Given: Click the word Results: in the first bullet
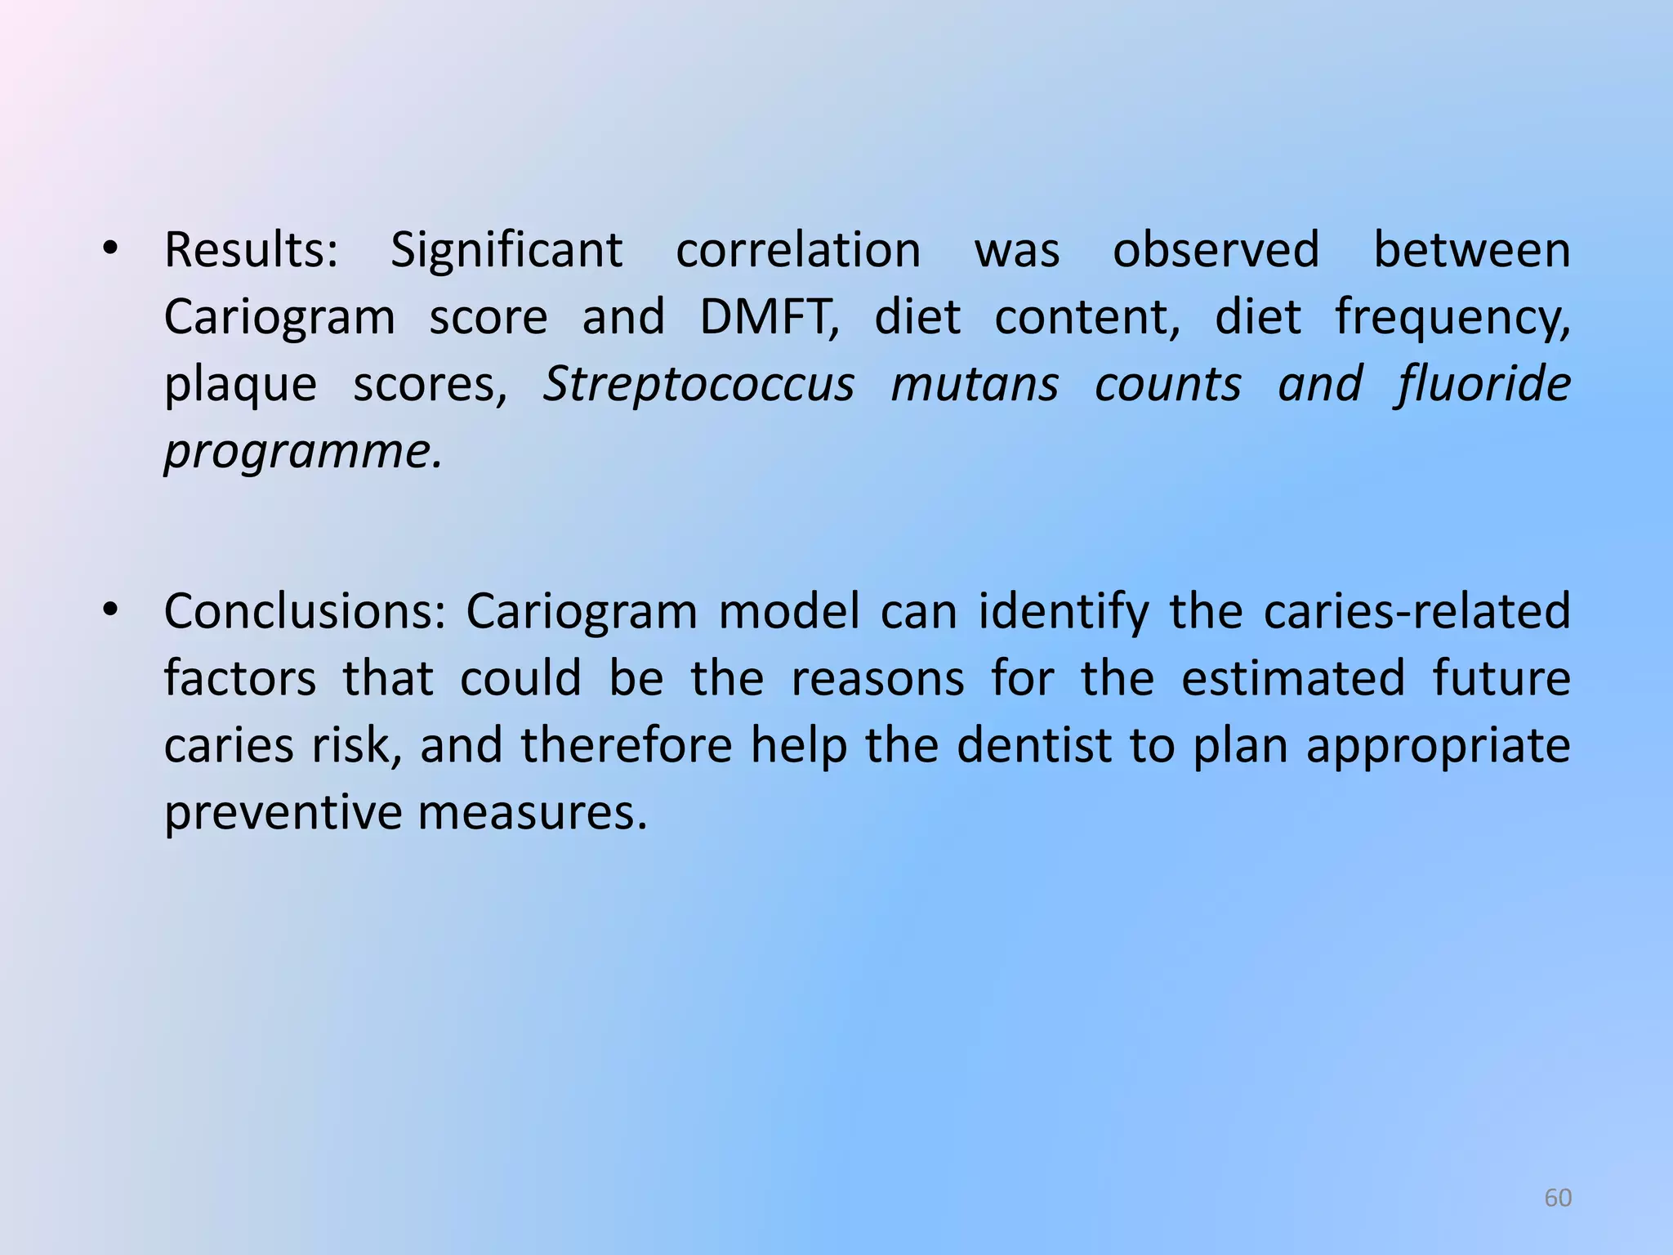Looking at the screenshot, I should [x=251, y=250].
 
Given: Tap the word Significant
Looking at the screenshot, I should [x=506, y=250].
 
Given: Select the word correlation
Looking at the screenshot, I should [x=798, y=250].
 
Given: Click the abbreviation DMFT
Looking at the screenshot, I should [x=769, y=317].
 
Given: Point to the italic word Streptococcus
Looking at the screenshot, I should [x=698, y=384].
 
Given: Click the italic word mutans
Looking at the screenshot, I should [x=974, y=384].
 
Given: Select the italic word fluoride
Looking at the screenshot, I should [x=1483, y=384].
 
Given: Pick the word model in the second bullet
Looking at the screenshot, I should [x=788, y=611].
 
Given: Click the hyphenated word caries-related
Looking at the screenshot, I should [x=1416, y=611].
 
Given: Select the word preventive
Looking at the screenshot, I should [x=281, y=814].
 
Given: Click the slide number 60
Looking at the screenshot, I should [x=1558, y=1198].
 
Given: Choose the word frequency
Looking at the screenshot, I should [x=1452, y=317].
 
